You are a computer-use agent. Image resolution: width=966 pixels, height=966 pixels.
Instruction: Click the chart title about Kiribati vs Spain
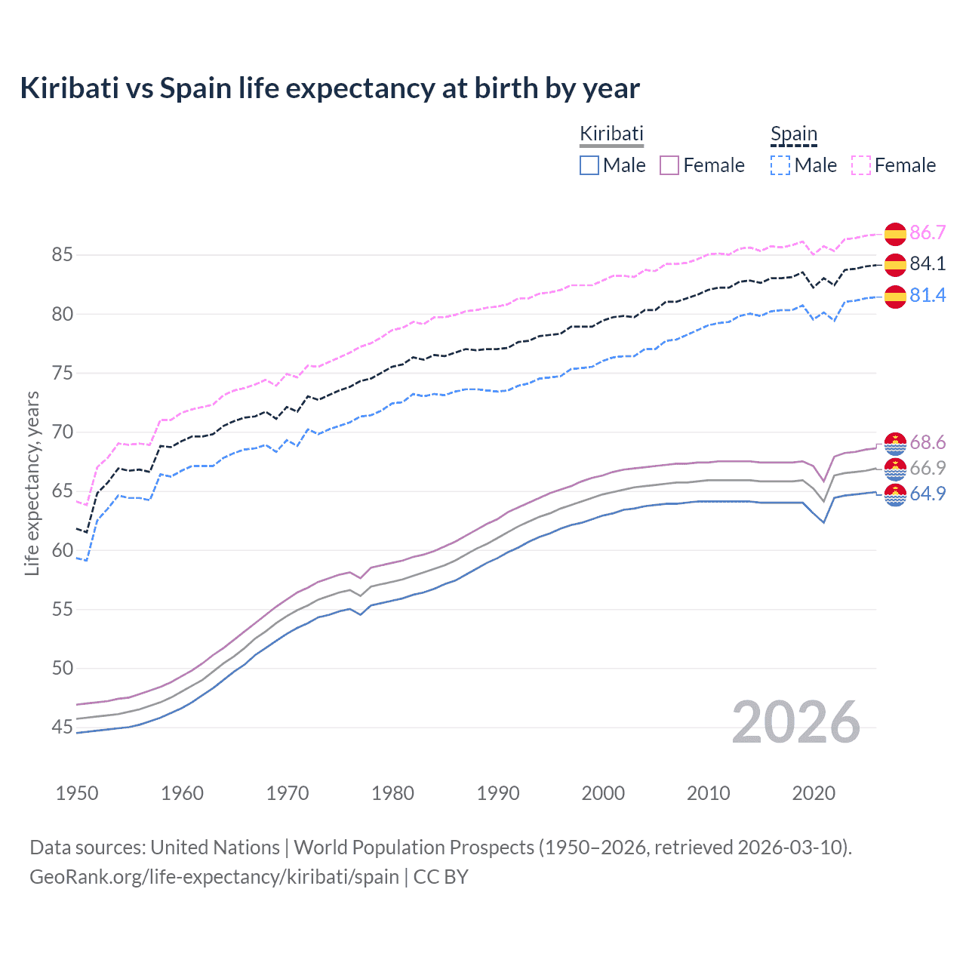330,88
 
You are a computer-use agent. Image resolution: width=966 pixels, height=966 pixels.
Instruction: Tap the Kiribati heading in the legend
611,134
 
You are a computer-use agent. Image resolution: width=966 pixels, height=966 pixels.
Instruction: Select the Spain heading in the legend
793,134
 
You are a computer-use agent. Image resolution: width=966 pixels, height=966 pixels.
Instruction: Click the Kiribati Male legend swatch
589,165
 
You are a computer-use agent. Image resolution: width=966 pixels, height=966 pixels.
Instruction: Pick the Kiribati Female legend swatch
669,165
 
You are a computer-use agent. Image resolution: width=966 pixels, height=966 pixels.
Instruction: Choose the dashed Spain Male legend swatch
780,165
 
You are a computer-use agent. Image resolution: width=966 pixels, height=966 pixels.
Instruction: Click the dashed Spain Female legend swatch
861,165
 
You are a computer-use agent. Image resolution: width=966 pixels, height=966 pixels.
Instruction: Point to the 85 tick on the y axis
62,255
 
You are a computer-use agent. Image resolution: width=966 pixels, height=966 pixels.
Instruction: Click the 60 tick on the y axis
62,550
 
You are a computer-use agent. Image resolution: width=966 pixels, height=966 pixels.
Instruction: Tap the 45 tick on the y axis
62,728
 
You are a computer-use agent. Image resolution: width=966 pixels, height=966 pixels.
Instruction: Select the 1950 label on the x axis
77,793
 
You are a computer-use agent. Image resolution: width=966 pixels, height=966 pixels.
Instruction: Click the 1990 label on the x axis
498,793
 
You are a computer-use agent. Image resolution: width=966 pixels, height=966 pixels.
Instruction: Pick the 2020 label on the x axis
814,793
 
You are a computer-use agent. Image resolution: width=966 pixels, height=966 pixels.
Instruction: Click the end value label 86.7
928,232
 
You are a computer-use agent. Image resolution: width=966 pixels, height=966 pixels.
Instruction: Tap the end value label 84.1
928,263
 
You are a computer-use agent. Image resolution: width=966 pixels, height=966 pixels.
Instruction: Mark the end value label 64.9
928,494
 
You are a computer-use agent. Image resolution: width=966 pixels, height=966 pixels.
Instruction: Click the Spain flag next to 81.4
895,297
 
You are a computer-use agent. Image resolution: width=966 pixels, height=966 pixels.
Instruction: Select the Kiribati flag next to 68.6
895,444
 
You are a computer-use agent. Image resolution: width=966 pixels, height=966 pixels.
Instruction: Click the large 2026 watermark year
795,723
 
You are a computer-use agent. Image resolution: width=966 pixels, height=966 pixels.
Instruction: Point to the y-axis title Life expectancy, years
32,483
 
